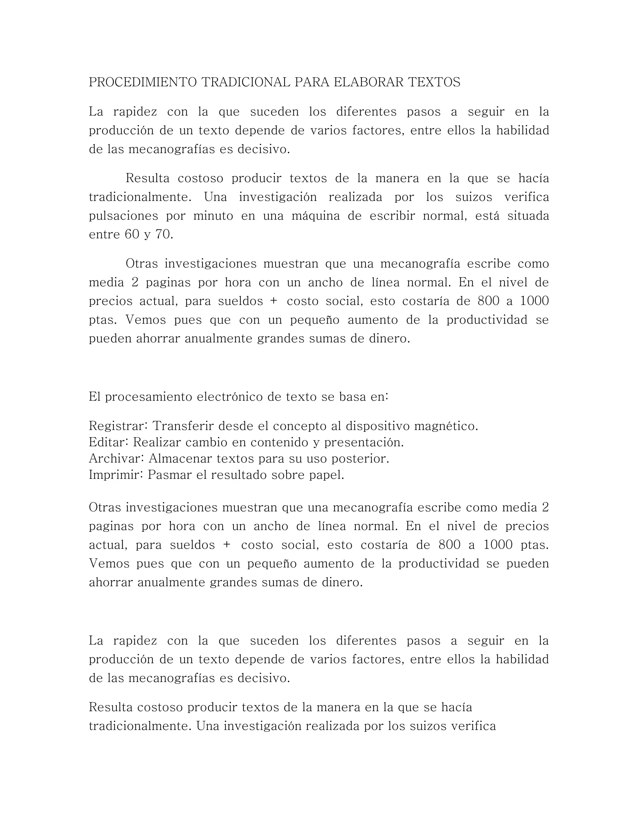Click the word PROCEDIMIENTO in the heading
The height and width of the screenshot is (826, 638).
click(x=142, y=82)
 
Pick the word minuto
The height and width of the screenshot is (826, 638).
click(x=213, y=216)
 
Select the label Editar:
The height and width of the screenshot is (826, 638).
click(x=109, y=442)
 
